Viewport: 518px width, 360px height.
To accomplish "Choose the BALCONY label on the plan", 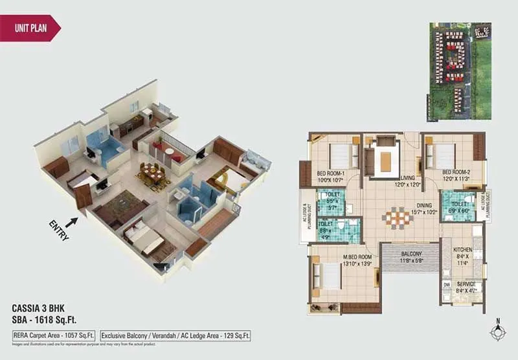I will [x=411, y=254].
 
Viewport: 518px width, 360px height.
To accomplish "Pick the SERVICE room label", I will [x=466, y=284].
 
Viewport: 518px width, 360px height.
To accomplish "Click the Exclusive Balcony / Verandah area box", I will [x=175, y=335].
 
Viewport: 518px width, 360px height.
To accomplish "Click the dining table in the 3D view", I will [x=153, y=172].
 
